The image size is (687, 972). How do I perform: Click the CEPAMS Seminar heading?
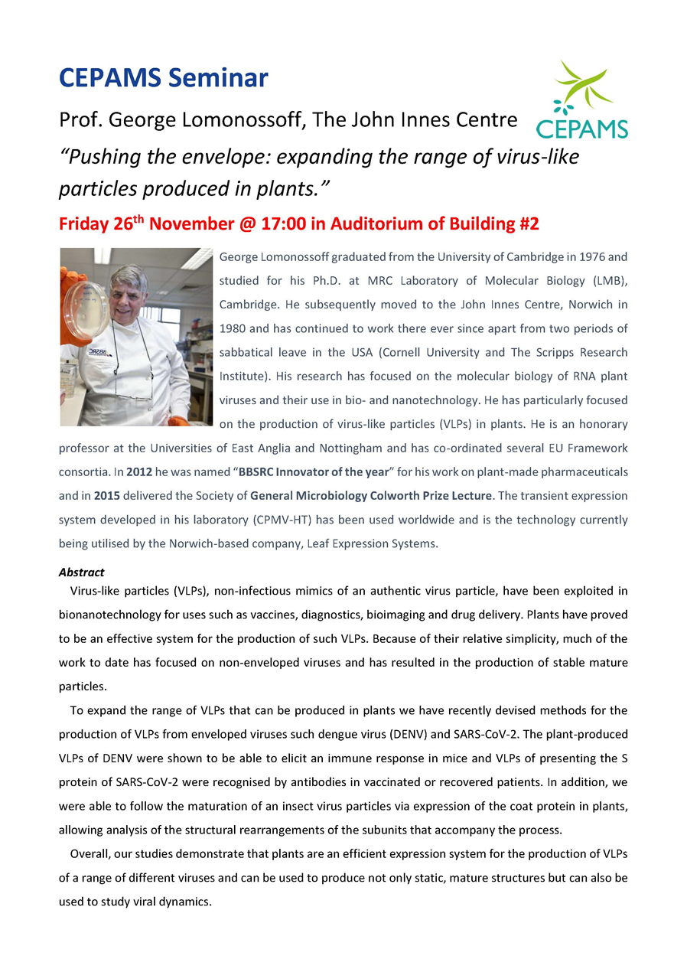click(x=164, y=78)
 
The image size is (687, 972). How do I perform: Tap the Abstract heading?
click(x=81, y=572)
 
